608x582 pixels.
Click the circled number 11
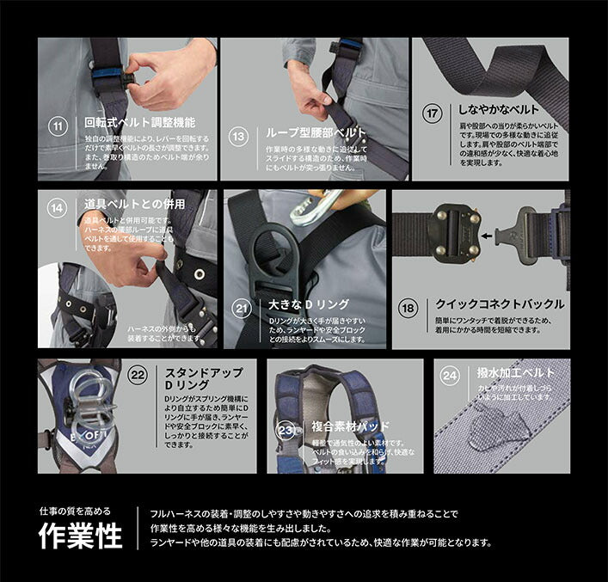click(x=58, y=127)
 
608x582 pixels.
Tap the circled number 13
click(x=241, y=134)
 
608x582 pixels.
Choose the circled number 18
click(x=410, y=306)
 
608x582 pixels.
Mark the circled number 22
click(x=138, y=376)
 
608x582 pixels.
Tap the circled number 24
click(x=449, y=376)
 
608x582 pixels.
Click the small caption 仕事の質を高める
click(x=75, y=511)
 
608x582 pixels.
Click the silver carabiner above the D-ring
click(x=314, y=206)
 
